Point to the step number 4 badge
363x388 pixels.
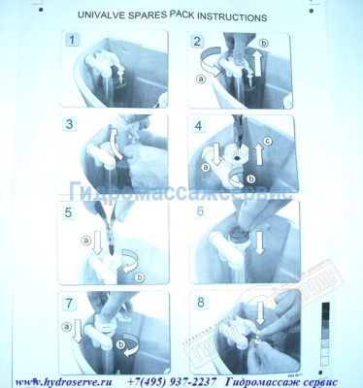(198, 125)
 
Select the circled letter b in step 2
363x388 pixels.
(264, 42)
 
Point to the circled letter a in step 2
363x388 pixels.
(202, 81)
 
